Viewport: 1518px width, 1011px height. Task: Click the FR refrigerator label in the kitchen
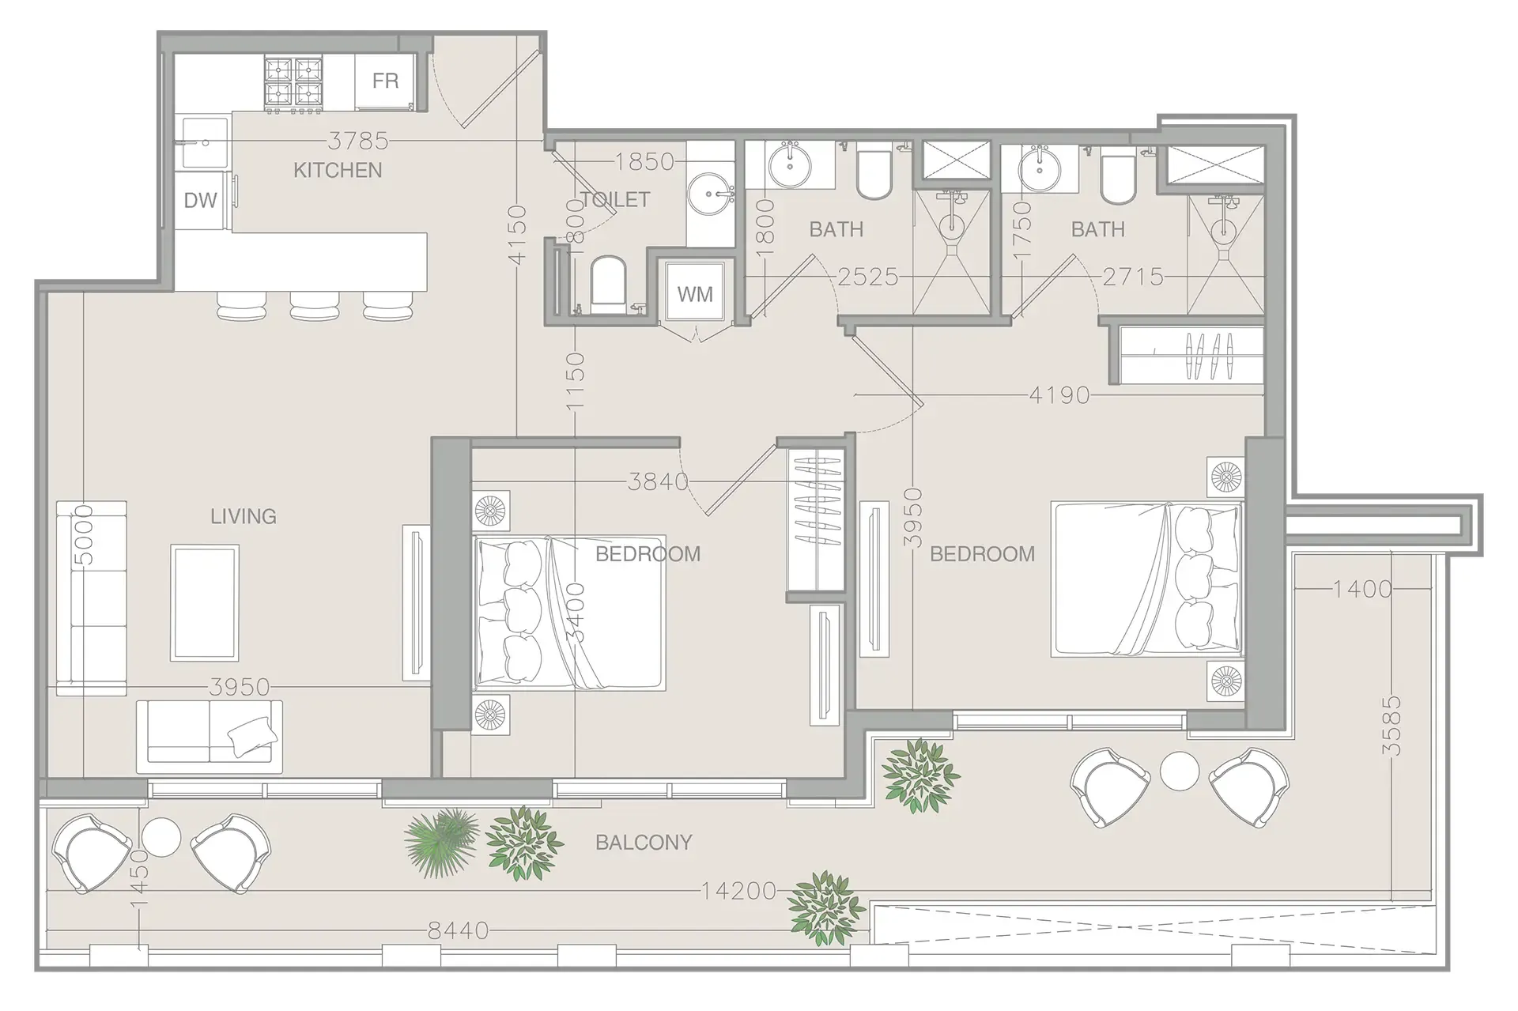385,81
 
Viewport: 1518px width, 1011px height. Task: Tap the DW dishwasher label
200,200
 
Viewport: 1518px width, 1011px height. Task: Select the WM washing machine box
695,293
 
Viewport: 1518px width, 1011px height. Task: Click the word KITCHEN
338,170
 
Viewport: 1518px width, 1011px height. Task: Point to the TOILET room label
615,199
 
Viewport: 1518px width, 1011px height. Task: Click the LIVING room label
244,516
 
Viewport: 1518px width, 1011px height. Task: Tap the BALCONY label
644,843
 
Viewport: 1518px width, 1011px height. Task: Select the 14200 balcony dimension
738,891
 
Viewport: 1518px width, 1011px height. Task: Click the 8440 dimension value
459,931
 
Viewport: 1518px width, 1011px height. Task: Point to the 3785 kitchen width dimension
359,141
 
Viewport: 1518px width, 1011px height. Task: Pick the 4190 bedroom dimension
1059,394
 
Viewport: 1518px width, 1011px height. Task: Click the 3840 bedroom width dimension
658,481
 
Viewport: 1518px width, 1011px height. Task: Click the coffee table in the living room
204,602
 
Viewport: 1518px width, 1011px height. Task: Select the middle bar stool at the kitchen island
315,305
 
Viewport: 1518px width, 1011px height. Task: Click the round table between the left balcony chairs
162,836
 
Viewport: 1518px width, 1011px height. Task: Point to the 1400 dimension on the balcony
1362,588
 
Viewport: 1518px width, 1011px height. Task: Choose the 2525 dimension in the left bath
868,277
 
